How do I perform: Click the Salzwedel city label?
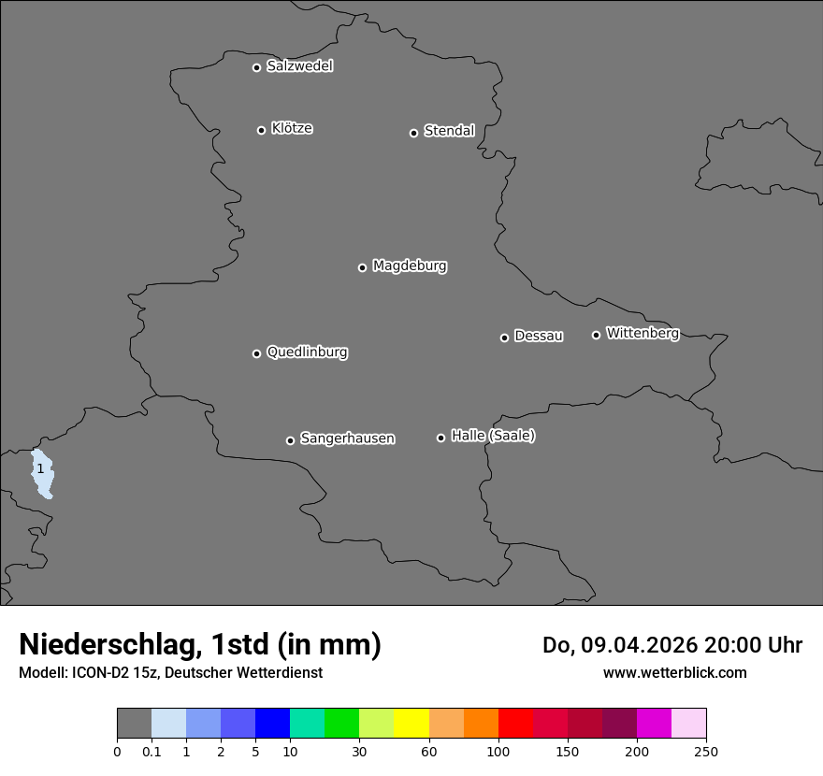click(299, 66)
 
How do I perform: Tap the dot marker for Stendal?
click(413, 133)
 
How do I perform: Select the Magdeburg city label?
click(410, 266)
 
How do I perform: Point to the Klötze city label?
click(292, 129)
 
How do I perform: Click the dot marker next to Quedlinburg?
click(256, 353)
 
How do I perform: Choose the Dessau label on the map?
click(539, 337)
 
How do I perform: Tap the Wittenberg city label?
click(643, 334)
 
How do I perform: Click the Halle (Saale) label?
click(493, 436)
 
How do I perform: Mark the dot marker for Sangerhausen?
click(290, 440)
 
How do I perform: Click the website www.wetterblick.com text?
click(674, 673)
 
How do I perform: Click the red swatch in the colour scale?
click(515, 724)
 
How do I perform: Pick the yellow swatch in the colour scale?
click(411, 724)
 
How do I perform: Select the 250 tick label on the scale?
click(705, 752)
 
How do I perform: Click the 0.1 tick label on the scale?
click(152, 752)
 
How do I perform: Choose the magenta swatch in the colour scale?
click(654, 724)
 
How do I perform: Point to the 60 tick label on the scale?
click(429, 752)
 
